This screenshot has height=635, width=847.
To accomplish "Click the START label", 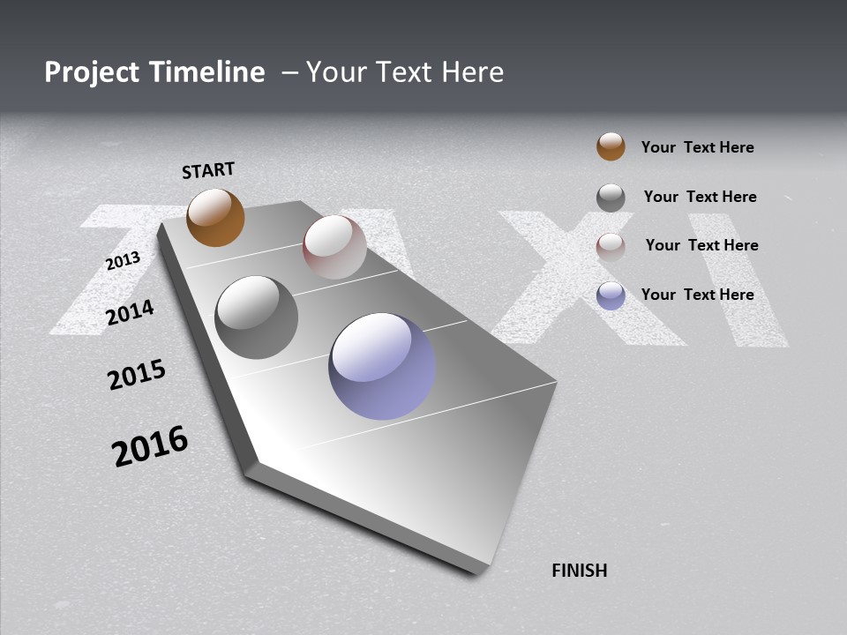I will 208,170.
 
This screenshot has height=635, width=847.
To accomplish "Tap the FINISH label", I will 579,571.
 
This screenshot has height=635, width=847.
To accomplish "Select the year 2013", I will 123,261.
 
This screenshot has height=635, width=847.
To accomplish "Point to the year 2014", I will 130,312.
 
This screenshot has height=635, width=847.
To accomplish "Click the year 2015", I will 137,375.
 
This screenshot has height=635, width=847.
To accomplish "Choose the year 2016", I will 150,445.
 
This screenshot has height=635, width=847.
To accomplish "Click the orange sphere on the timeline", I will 215,217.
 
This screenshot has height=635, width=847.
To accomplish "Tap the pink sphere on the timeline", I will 334,247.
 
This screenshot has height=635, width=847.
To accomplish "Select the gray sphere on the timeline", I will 256,317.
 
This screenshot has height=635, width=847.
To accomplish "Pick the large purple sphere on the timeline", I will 382,366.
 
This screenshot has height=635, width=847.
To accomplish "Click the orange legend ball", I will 611,146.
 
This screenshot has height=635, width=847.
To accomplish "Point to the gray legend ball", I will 611,198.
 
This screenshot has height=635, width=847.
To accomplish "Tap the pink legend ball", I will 611,246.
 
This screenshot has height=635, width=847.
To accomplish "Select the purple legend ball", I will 611,295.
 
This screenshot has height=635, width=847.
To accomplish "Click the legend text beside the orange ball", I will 697,147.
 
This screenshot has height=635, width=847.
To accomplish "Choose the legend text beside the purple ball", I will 697,295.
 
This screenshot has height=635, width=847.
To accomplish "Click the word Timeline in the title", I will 206,72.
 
